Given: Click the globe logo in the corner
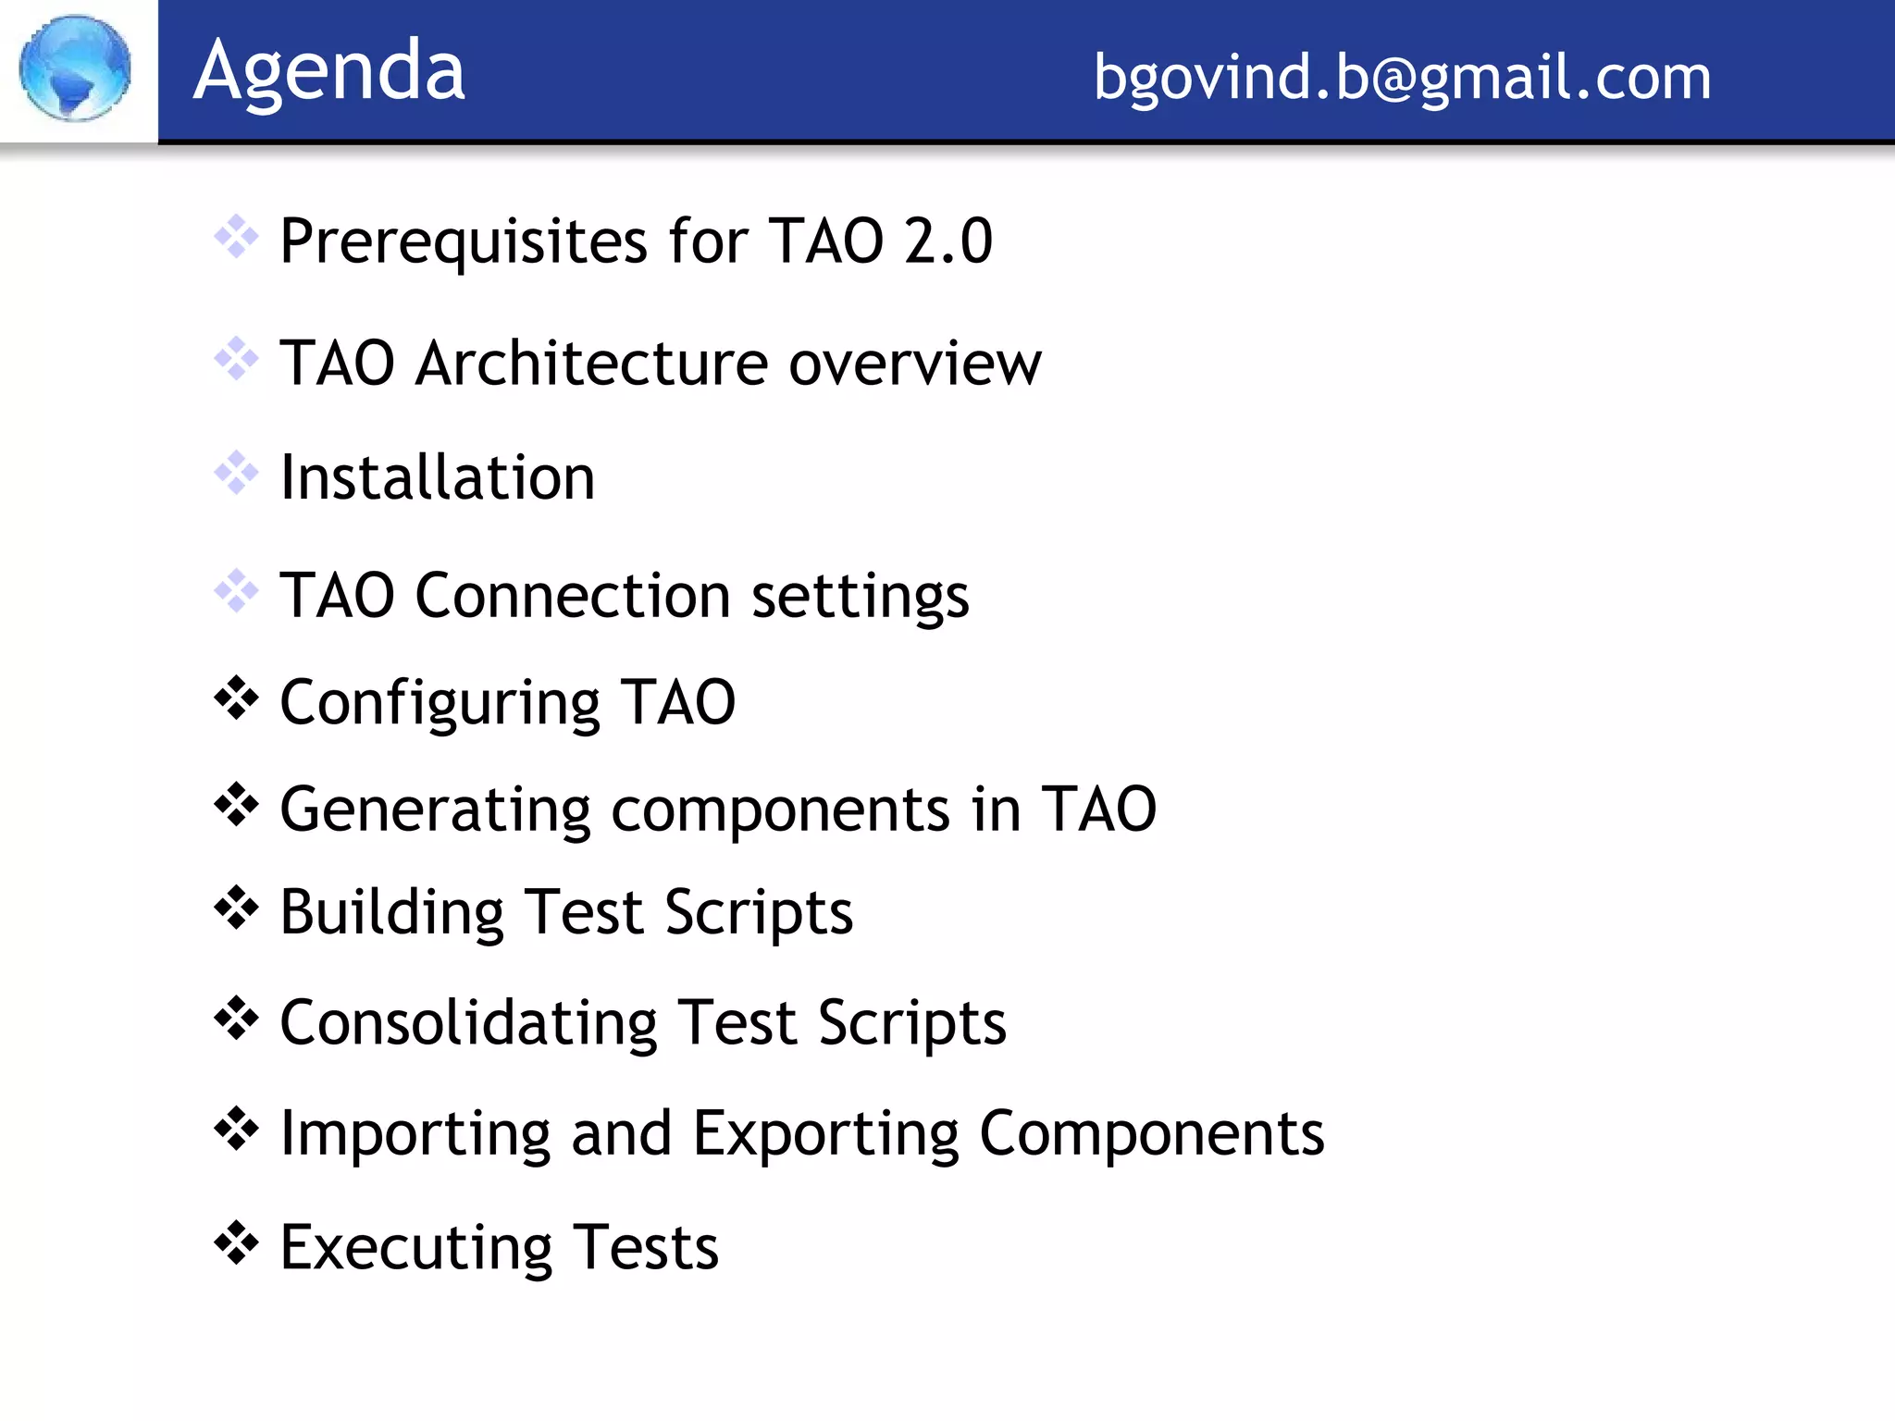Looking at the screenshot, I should point(75,68).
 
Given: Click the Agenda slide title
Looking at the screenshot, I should point(328,71).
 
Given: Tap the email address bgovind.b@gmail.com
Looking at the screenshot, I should point(1402,77).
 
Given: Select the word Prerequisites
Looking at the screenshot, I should point(464,241).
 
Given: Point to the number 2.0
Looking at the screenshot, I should point(947,241).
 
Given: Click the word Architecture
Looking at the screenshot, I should point(591,363).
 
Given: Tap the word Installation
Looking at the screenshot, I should point(437,477).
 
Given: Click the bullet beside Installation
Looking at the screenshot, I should point(236,472).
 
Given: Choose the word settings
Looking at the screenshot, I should point(861,597).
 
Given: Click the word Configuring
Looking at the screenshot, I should point(440,704).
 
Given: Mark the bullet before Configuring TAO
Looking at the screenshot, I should point(236,698).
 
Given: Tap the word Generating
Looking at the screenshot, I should point(435,810).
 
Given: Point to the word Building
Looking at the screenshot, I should point(391,913).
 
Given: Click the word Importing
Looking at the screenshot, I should point(415,1134).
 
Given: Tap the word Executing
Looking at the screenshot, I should point(415,1248).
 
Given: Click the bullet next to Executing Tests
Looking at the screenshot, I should point(236,1242).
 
